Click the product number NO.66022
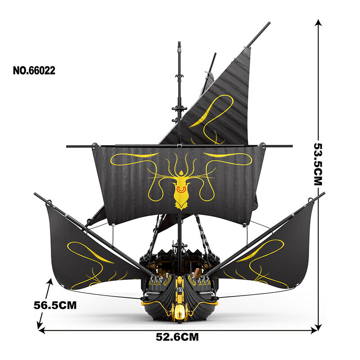pyautogui.click(x=34, y=70)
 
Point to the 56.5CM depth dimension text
pyautogui.click(x=55, y=305)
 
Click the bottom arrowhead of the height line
pyautogui.click(x=319, y=327)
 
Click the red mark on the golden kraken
pyautogui.click(x=180, y=190)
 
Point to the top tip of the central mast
pyautogui.click(x=179, y=44)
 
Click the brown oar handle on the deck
pyautogui.click(x=197, y=273)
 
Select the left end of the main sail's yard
pyautogui.click(x=67, y=146)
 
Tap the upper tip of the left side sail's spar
pyautogui.click(x=35, y=194)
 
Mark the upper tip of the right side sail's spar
pyautogui.click(x=323, y=193)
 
